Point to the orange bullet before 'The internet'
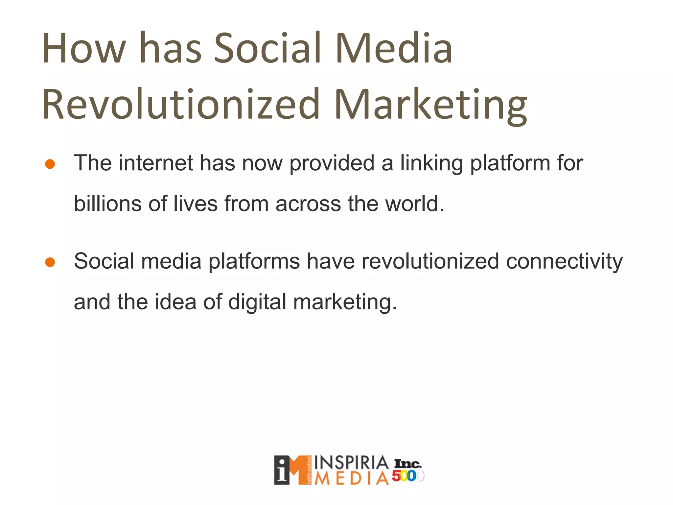(x=50, y=164)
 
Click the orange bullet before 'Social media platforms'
(x=50, y=262)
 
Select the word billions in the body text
(x=107, y=204)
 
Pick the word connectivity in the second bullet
(x=564, y=262)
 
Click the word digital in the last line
(x=257, y=302)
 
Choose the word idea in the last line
(x=175, y=302)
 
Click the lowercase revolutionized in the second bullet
(x=430, y=261)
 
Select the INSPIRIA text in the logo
(x=351, y=463)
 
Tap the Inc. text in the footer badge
(x=407, y=464)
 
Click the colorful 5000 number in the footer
(x=407, y=476)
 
